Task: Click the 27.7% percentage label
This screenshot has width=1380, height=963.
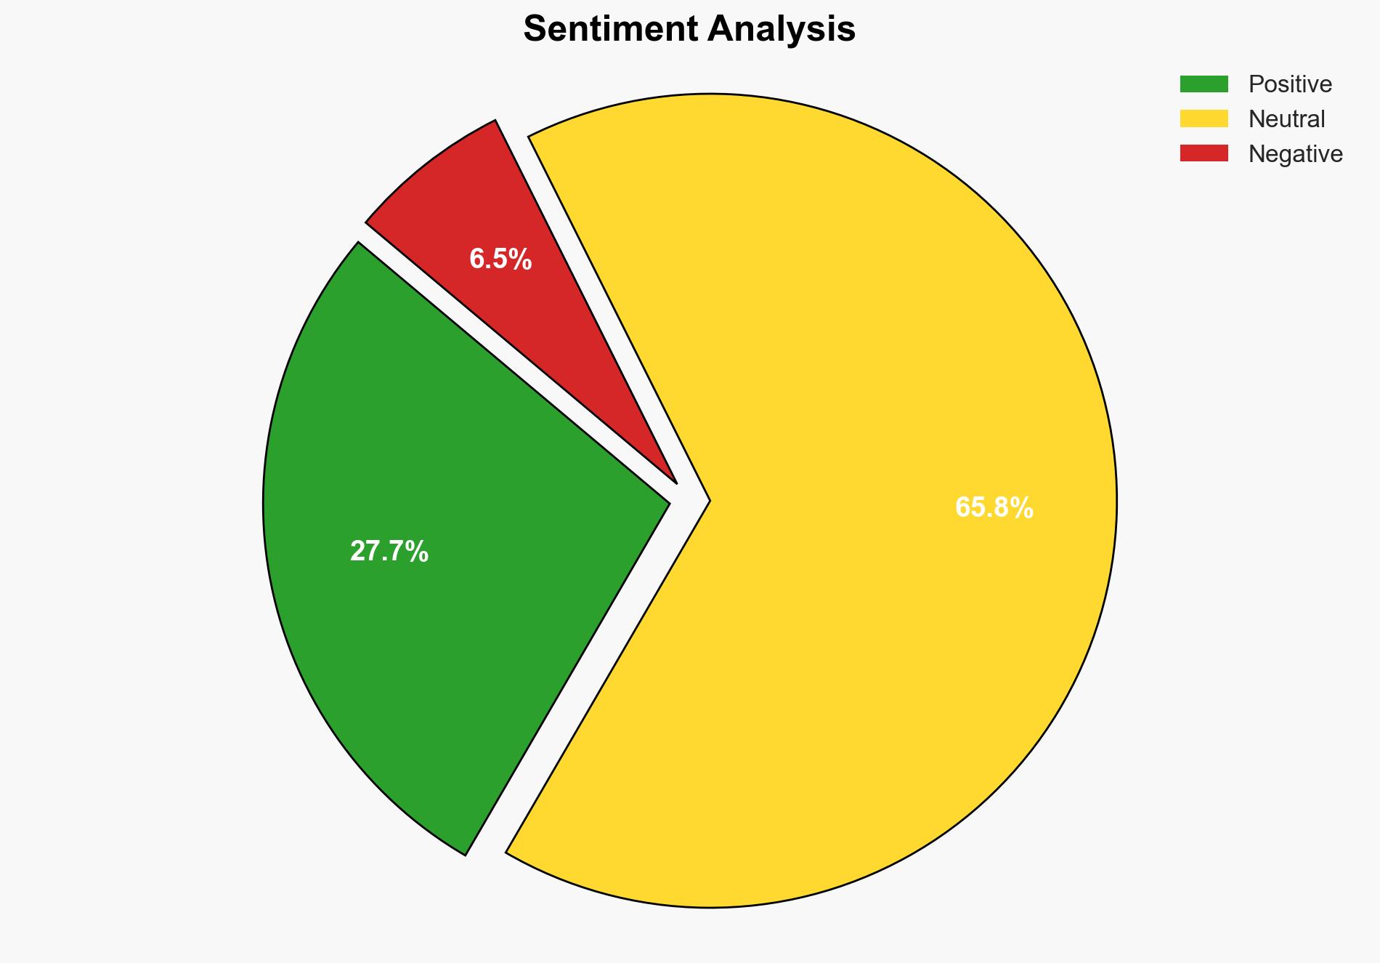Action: (389, 552)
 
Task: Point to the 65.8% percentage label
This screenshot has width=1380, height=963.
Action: (994, 507)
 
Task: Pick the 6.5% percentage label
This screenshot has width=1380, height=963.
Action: (500, 259)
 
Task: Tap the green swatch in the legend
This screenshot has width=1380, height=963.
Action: (1204, 84)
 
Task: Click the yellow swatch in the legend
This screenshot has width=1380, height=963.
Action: (1204, 118)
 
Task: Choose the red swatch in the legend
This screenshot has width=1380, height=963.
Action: (1204, 153)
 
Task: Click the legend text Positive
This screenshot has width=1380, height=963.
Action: (1290, 84)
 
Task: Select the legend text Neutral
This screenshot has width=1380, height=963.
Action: (1286, 119)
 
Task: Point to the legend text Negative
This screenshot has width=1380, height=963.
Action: (1295, 154)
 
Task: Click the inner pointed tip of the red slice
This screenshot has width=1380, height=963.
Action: (675, 481)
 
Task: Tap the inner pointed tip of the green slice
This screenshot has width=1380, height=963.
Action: (667, 501)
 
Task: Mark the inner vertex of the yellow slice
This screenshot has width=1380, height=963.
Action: (708, 500)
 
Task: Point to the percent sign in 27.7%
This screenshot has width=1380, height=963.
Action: (418, 552)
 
